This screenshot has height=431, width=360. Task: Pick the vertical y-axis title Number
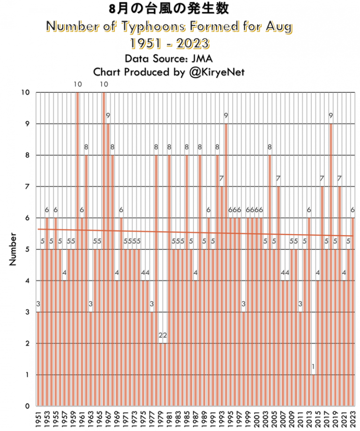[x=13, y=249]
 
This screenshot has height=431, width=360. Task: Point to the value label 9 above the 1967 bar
[x=108, y=115]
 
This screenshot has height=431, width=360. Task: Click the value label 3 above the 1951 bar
[x=38, y=304]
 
